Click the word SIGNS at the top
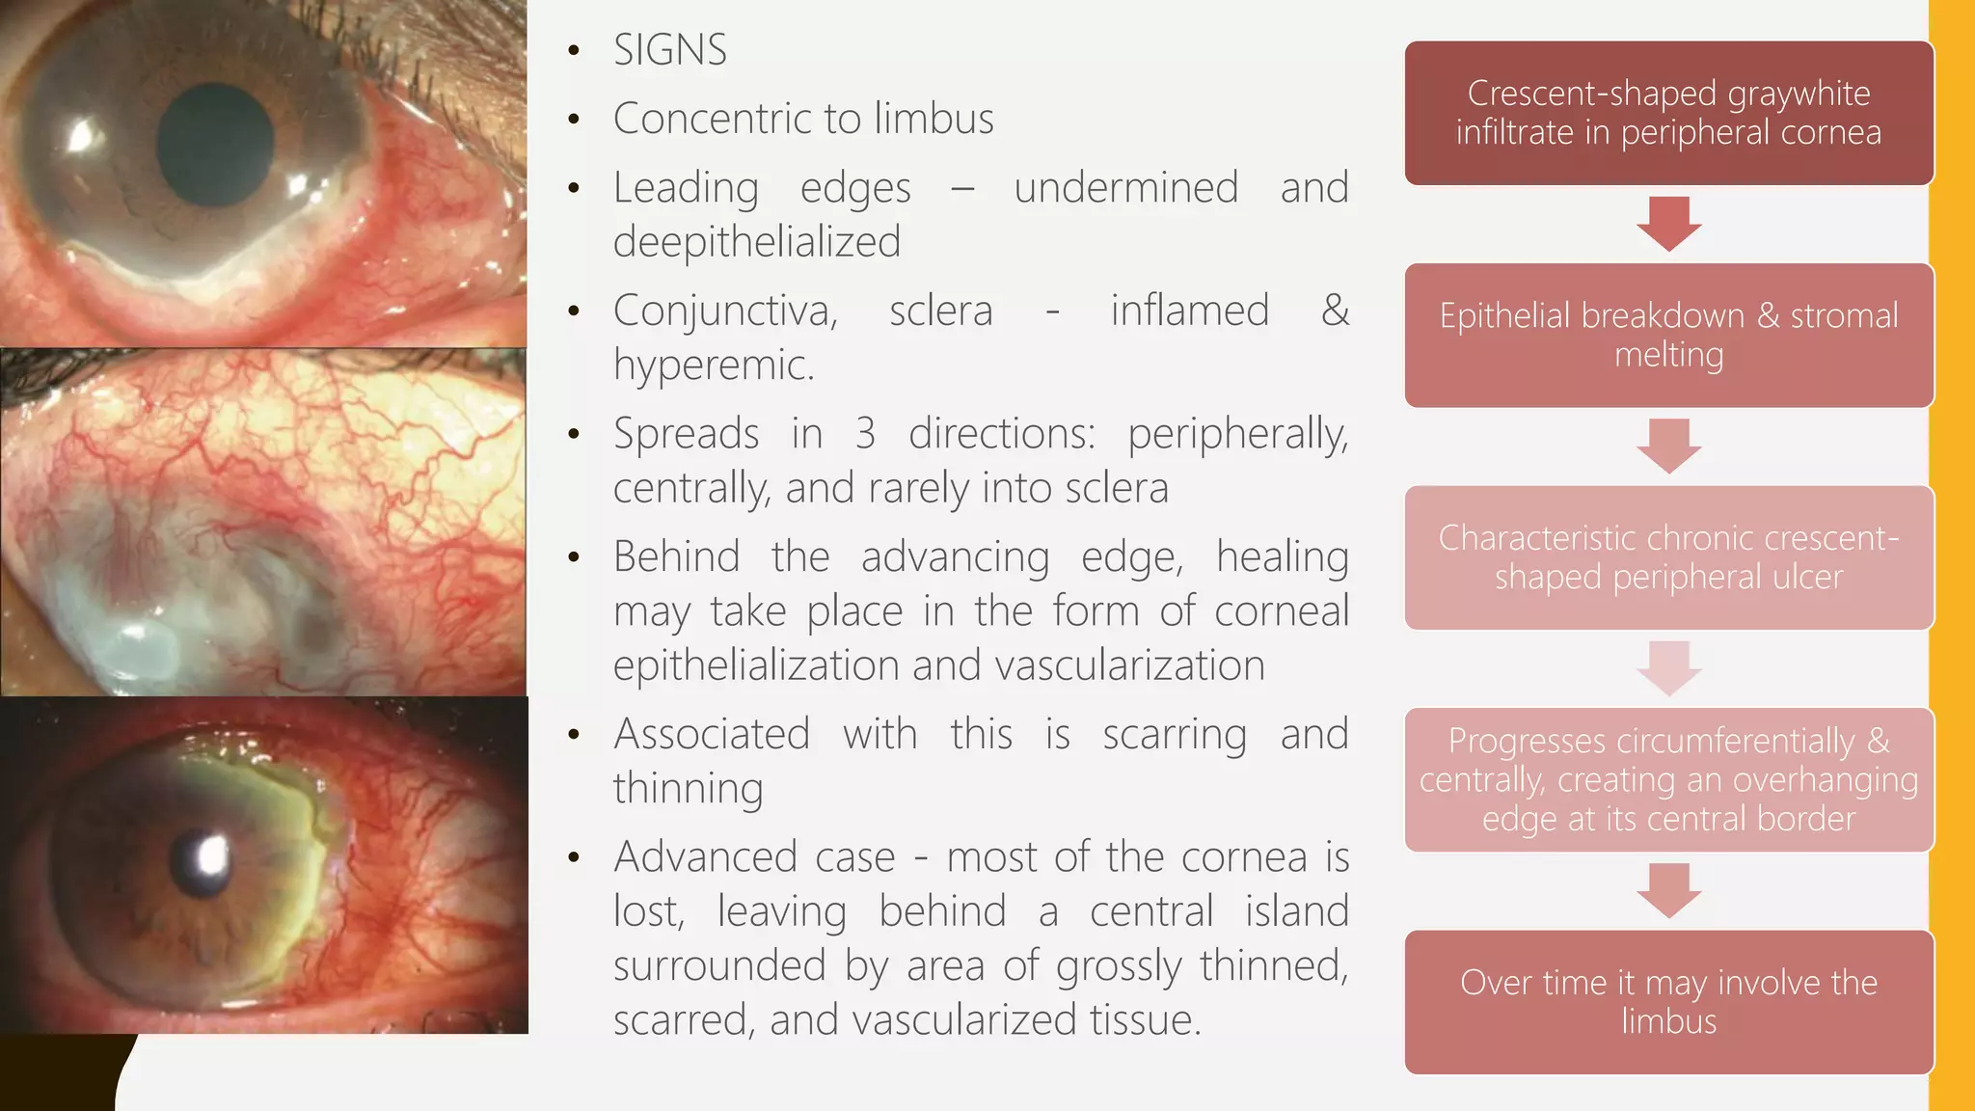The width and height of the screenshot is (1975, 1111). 670,50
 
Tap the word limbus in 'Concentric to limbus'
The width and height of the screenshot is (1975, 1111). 933,119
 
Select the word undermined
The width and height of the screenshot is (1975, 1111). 1125,187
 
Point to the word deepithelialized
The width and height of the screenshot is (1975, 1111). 757,241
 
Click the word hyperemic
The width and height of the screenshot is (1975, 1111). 714,365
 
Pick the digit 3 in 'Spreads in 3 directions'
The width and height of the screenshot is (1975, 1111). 865,434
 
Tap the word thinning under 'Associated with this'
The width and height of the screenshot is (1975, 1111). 689,788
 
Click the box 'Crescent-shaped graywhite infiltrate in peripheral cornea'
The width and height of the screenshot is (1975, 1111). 1668,113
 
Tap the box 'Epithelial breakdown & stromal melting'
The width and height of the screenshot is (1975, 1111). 1668,335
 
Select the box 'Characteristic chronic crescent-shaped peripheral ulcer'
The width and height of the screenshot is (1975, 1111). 1668,557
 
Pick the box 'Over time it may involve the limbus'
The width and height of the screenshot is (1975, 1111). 1668,1002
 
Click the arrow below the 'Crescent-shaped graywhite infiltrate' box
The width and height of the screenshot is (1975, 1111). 1668,224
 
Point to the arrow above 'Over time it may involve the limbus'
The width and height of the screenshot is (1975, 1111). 1668,890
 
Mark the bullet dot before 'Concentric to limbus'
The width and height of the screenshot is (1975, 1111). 575,120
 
